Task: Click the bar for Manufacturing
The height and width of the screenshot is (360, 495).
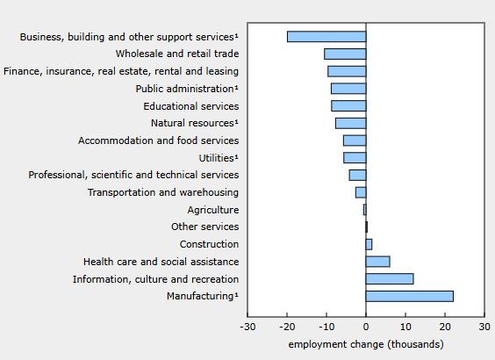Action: point(410,296)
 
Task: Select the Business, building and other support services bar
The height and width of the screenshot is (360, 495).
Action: point(326,37)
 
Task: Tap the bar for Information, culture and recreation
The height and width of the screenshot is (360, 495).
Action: point(390,279)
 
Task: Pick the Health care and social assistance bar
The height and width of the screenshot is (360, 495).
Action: point(378,262)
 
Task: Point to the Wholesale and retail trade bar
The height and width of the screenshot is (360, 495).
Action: point(345,54)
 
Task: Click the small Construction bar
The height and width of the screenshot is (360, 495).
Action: point(369,244)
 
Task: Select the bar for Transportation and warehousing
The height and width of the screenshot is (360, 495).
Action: point(361,192)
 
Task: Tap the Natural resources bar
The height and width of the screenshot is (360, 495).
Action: point(351,123)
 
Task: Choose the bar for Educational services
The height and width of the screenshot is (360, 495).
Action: point(348,105)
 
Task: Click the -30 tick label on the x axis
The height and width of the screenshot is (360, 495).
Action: point(247,327)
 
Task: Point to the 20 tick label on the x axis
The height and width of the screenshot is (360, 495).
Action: point(445,327)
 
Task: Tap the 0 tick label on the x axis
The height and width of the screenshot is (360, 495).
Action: point(366,327)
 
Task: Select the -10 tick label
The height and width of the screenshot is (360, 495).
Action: point(326,327)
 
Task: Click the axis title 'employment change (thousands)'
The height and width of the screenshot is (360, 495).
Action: point(366,344)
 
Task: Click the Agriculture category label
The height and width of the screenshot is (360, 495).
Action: point(213,210)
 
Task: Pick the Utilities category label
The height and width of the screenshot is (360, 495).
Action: point(219,157)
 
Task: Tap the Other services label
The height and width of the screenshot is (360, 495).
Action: point(204,227)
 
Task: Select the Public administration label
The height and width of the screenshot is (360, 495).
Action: point(187,89)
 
